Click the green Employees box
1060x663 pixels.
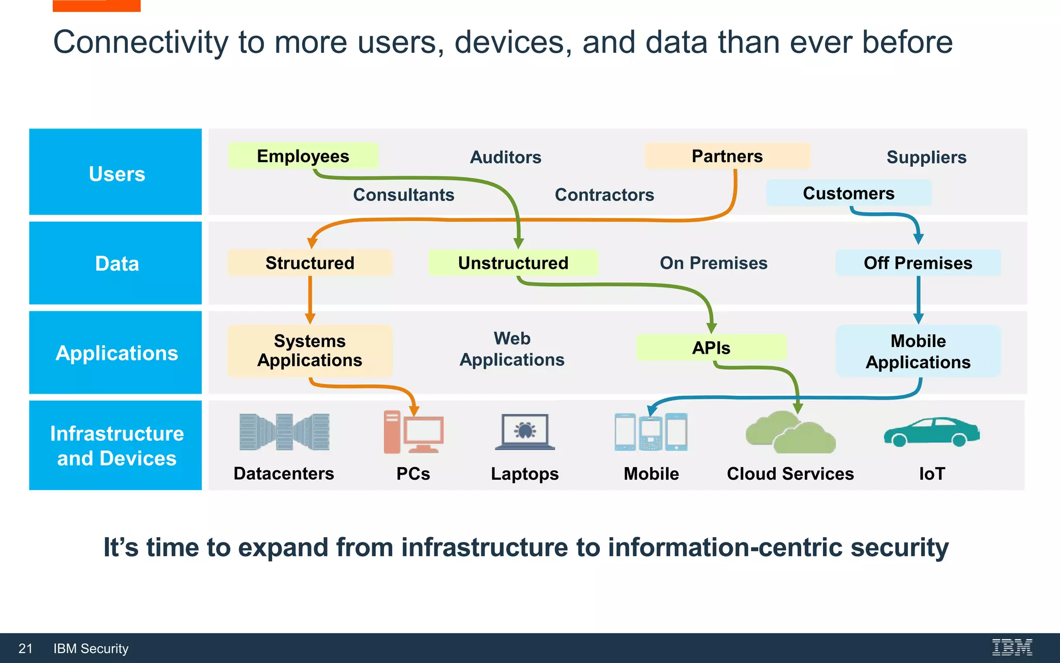[x=303, y=156]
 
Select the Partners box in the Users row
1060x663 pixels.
[x=727, y=156]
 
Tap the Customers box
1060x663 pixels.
[x=848, y=193]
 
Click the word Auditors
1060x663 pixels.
[x=505, y=157]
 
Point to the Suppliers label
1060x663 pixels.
[x=926, y=157]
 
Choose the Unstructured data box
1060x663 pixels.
[x=513, y=263]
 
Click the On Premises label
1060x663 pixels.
[x=713, y=263]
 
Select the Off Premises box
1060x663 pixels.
[x=918, y=263]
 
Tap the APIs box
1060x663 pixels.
[x=711, y=348]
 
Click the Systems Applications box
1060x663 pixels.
[x=310, y=351]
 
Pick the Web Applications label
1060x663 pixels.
[x=512, y=349]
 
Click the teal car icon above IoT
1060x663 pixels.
[x=931, y=432]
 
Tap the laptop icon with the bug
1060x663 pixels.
[x=525, y=431]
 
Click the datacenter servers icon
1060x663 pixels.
[x=284, y=431]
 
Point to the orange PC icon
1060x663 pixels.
[x=413, y=432]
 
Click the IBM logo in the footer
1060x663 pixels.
[x=1012, y=647]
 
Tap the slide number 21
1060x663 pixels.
[x=25, y=648]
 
